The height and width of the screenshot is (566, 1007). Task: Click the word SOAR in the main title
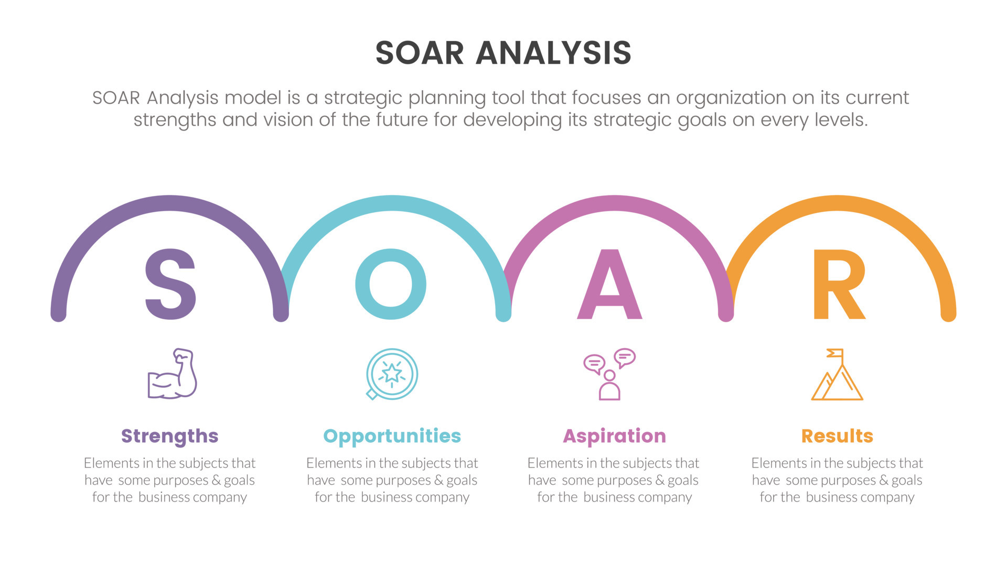(x=420, y=53)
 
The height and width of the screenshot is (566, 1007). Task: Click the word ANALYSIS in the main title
(x=553, y=53)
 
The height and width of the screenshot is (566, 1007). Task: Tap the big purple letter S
(x=170, y=285)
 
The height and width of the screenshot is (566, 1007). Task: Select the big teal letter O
(x=391, y=284)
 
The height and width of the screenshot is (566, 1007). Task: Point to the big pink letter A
(x=609, y=285)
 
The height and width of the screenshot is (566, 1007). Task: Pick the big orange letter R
(x=838, y=285)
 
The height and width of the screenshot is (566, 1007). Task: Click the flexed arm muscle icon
(x=172, y=374)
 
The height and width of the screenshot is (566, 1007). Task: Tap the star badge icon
(x=391, y=374)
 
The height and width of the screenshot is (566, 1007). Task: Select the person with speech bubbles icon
(x=609, y=374)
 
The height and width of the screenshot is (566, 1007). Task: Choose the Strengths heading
(x=169, y=436)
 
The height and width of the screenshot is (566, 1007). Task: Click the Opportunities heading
(x=392, y=436)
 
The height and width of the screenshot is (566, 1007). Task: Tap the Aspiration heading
(x=614, y=436)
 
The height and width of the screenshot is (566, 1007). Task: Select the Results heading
(x=837, y=436)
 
